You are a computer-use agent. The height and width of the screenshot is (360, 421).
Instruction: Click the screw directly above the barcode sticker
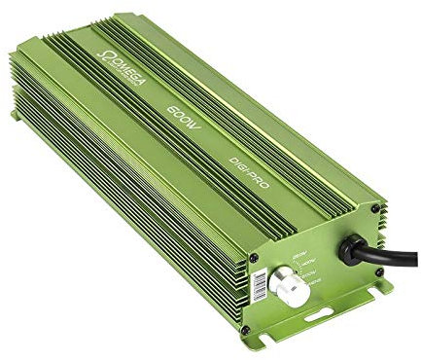pyautogui.click(x=254, y=258)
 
